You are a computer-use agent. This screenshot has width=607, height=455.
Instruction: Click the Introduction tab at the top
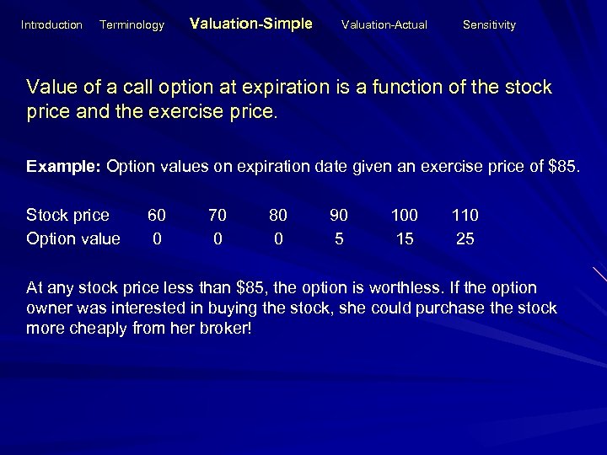click(51, 25)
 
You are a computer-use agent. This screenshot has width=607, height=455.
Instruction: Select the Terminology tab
click(132, 25)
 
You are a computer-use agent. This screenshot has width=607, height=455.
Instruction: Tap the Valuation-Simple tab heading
click(251, 24)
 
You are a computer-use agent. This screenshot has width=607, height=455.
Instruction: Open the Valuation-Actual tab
click(384, 25)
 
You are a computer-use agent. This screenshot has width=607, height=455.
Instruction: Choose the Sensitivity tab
click(489, 25)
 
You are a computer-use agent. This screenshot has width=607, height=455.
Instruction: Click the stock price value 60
click(157, 215)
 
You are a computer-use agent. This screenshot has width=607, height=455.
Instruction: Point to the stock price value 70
click(218, 215)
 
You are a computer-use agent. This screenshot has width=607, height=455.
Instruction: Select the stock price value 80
click(278, 215)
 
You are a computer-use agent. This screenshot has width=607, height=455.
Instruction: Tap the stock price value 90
click(339, 215)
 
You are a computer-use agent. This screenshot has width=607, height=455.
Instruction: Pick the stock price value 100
click(405, 215)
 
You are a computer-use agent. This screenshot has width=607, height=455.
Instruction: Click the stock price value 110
click(465, 215)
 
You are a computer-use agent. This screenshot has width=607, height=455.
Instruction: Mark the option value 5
click(339, 238)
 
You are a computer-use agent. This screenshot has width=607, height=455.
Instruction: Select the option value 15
click(405, 238)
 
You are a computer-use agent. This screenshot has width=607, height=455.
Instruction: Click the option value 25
click(465, 238)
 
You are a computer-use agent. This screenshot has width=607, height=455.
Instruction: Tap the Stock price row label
click(67, 215)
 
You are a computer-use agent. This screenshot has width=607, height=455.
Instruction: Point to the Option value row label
click(73, 238)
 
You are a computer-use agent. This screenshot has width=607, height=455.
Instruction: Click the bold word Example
click(63, 166)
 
